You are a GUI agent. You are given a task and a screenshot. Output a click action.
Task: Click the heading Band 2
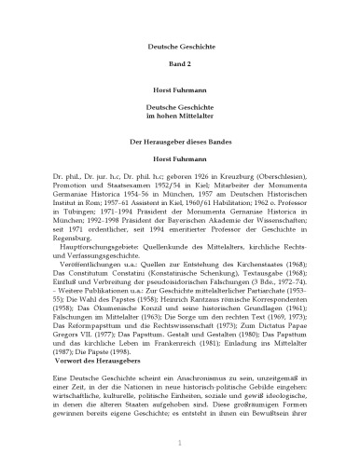179,68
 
